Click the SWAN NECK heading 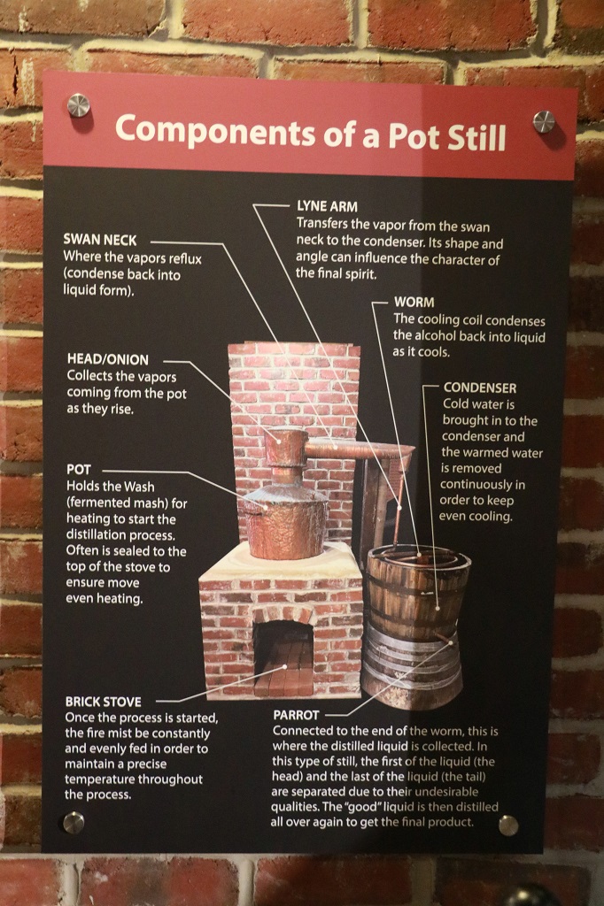click(100, 240)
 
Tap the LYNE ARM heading click(327, 206)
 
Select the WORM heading click(414, 303)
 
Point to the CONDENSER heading click(480, 388)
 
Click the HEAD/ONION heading click(108, 359)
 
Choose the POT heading click(79, 470)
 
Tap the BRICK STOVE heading click(103, 702)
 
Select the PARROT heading click(296, 715)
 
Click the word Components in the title click(215, 132)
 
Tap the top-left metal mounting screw click(79, 105)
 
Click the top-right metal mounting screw click(543, 121)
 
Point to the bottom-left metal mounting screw click(74, 822)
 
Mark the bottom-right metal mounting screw click(508, 825)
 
